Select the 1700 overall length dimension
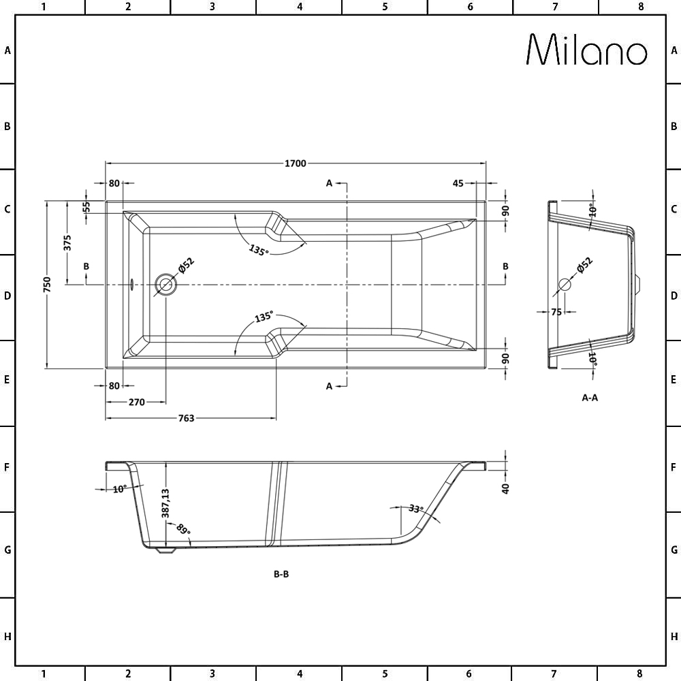coord(296,163)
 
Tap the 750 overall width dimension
coord(47,284)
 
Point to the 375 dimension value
coord(67,242)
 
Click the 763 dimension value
coord(186,418)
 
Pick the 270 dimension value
coord(136,402)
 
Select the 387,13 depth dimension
coord(165,505)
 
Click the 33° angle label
coord(415,509)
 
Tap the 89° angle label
coord(183,530)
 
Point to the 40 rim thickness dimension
coord(505,488)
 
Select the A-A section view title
coord(590,398)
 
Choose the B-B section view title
coord(281,574)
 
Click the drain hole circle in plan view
coord(165,284)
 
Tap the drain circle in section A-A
coord(564,284)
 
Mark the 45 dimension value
coord(458,183)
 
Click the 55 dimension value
coord(86,206)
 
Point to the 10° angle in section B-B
coord(120,489)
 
